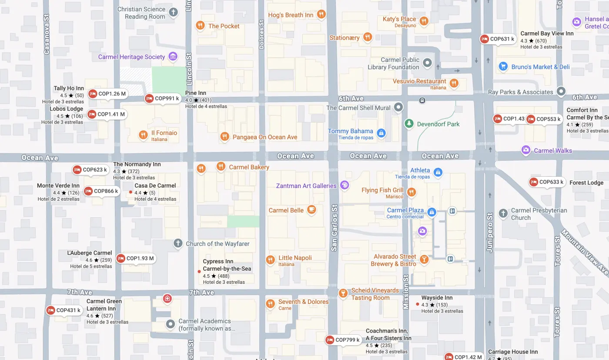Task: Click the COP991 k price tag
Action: pyautogui.click(x=162, y=98)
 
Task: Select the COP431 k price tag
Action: pyautogui.click(x=64, y=310)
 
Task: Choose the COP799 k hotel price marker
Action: pyautogui.click(x=343, y=340)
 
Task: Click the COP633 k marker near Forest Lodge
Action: pyautogui.click(x=547, y=182)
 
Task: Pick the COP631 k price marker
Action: pyautogui.click(x=498, y=39)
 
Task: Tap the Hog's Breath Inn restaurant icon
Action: pyautogui.click(x=321, y=15)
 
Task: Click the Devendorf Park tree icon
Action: pyautogui.click(x=408, y=124)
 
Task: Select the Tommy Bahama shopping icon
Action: pyautogui.click(x=381, y=133)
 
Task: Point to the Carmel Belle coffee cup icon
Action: pyautogui.click(x=311, y=210)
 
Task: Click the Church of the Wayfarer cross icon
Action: pyautogui.click(x=177, y=243)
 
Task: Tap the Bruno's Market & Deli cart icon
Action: pyautogui.click(x=503, y=67)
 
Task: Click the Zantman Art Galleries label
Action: pyautogui.click(x=306, y=186)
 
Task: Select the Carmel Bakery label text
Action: pyautogui.click(x=249, y=167)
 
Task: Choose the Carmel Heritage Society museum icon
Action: pyautogui.click(x=173, y=57)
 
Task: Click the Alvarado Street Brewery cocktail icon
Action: pyautogui.click(x=424, y=260)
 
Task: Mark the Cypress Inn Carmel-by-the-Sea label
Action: pyautogui.click(x=227, y=265)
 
